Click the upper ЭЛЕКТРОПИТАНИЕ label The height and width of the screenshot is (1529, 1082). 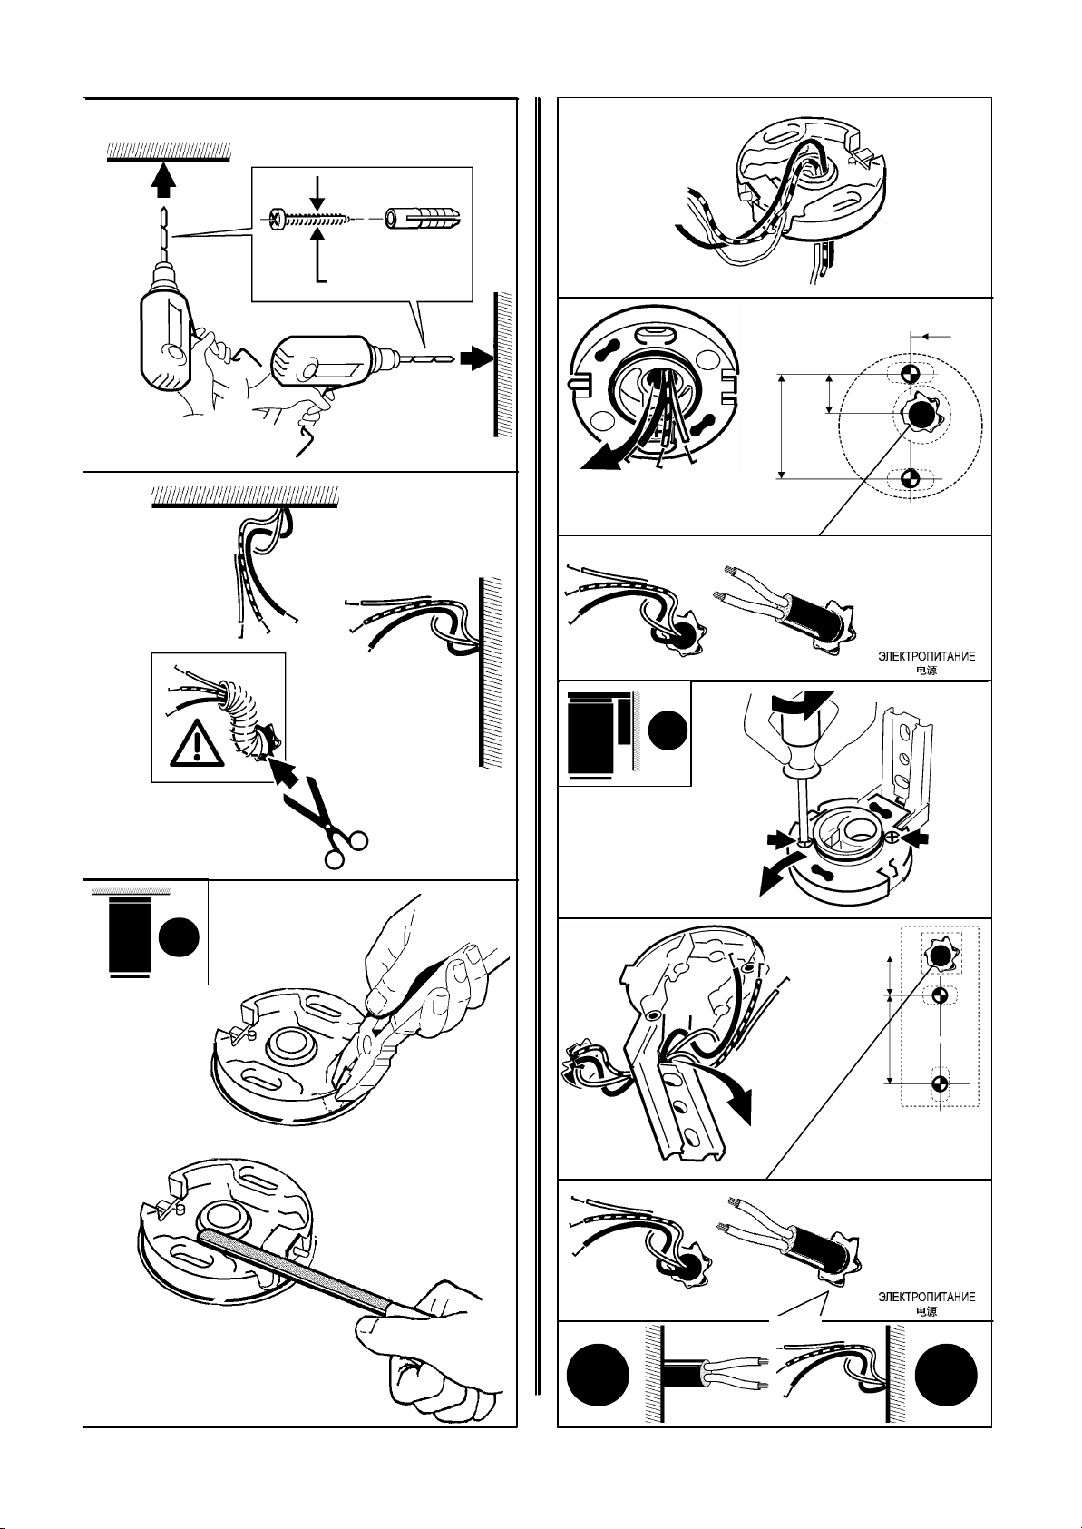click(926, 658)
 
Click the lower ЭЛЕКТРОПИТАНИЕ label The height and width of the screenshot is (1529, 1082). click(926, 1297)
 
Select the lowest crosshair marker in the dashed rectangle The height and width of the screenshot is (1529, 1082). click(940, 1083)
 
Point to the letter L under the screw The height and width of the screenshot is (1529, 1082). click(322, 271)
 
